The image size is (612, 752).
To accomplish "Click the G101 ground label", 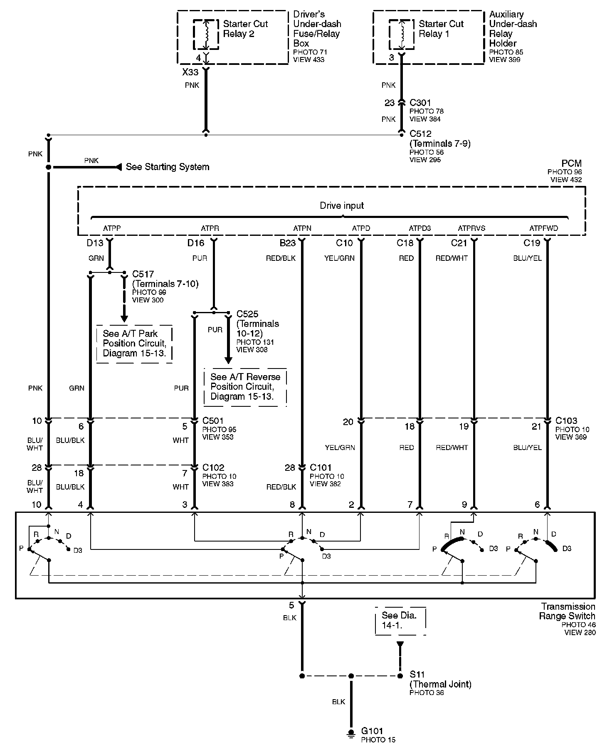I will (x=372, y=731).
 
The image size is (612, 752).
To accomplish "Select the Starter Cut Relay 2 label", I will (x=245, y=29).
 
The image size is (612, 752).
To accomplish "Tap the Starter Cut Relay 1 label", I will (x=441, y=29).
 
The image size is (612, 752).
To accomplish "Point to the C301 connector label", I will (x=420, y=103).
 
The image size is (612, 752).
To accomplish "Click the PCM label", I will (x=571, y=163).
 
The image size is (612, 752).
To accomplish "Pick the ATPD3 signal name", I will (x=420, y=228).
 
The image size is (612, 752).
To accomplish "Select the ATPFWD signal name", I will (x=543, y=228).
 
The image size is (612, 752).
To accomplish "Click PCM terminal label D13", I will (x=95, y=243).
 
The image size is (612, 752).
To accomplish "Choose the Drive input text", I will (x=342, y=205).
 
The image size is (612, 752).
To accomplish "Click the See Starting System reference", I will (x=167, y=167).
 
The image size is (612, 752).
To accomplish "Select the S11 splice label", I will (x=417, y=675).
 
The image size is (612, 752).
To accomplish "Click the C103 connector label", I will (x=566, y=421).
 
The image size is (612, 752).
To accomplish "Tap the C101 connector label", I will (x=321, y=468).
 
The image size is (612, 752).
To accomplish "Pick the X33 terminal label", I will (x=190, y=72).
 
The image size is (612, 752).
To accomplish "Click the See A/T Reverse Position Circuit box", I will (x=245, y=387).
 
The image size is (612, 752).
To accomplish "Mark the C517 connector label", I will (x=143, y=274).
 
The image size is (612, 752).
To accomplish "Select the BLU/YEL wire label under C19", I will (x=527, y=258).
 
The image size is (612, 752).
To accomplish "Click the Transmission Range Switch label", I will (x=568, y=611).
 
